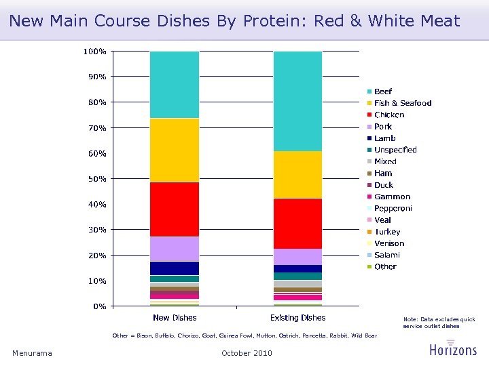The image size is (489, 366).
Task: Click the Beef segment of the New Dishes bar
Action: tap(175, 85)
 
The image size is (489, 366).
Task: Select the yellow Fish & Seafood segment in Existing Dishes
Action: tap(297, 174)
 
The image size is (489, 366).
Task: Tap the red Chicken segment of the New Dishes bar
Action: tap(175, 209)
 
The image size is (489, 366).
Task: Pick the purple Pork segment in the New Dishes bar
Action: tap(175, 249)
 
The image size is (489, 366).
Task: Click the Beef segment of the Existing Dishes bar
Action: tap(297, 101)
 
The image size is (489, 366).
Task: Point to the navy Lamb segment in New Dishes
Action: tap(175, 268)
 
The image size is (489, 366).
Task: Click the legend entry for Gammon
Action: tap(392, 197)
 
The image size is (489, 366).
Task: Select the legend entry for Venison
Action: tap(388, 243)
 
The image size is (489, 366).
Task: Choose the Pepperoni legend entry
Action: tap(393, 208)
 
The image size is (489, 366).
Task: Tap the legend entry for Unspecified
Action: tap(395, 150)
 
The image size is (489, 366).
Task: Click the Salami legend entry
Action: tap(386, 255)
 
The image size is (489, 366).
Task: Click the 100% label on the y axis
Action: tap(94, 52)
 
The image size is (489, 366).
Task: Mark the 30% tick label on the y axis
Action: tap(96, 230)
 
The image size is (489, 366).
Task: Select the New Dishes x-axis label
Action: tap(175, 317)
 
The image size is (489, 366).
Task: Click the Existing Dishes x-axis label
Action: tap(297, 317)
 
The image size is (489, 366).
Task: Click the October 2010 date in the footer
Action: tap(247, 353)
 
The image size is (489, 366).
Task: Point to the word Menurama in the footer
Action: tap(32, 353)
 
